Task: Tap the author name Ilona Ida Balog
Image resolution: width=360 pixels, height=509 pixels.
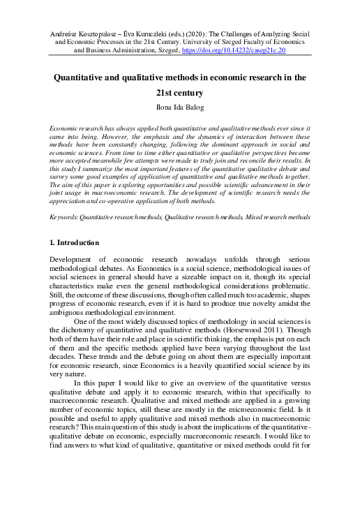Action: coord(180,108)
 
